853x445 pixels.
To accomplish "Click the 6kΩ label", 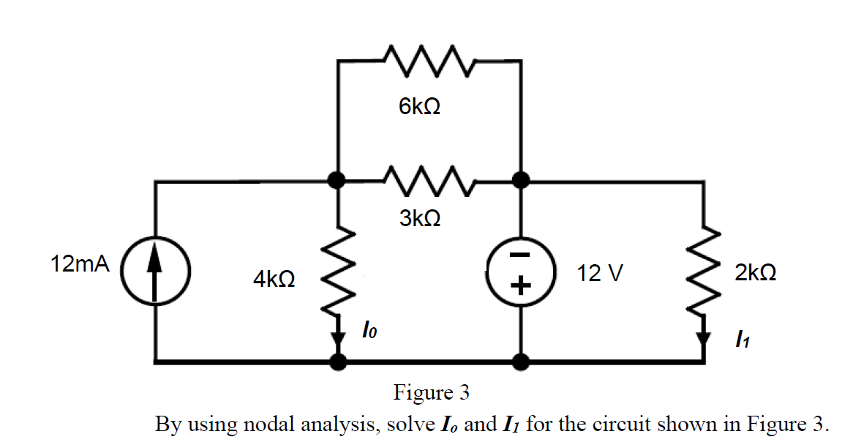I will click(x=420, y=107).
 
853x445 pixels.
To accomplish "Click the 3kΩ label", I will click(x=420, y=218).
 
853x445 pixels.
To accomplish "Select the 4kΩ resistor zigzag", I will click(x=339, y=271).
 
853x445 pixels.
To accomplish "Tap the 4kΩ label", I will click(x=274, y=279).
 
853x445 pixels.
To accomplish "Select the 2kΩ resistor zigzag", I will click(x=704, y=271).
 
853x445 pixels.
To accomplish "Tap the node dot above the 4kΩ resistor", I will click(x=337, y=179).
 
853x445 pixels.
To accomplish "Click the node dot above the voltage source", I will click(x=520, y=179).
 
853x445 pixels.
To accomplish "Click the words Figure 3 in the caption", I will click(x=431, y=393).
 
